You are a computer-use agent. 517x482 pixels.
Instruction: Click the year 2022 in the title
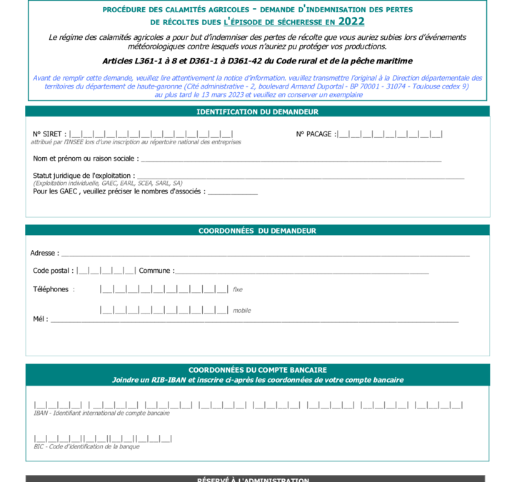tap(351, 21)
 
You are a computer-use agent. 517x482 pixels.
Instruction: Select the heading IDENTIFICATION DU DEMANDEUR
tap(258, 112)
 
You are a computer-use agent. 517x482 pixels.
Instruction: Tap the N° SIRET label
tap(49, 134)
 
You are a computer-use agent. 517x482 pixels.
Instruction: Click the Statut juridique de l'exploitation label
tap(84, 176)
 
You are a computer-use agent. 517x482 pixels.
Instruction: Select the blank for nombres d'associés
tap(232, 192)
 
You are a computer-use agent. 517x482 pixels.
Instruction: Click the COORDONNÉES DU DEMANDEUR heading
tap(258, 231)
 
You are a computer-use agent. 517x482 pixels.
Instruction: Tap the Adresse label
tap(44, 253)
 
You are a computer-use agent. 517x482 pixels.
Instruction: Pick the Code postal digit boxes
tap(106, 271)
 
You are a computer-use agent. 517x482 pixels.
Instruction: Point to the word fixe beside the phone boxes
tap(238, 290)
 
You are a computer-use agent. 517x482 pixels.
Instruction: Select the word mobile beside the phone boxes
tap(241, 311)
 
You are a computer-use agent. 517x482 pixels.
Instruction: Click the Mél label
tap(40, 319)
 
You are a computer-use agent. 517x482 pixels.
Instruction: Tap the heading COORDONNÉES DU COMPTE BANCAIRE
tap(258, 370)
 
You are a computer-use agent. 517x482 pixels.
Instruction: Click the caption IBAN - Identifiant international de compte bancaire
tap(101, 413)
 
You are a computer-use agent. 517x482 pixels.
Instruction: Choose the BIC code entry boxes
tap(103, 438)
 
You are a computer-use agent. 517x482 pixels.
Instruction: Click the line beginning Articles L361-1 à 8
tap(258, 61)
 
